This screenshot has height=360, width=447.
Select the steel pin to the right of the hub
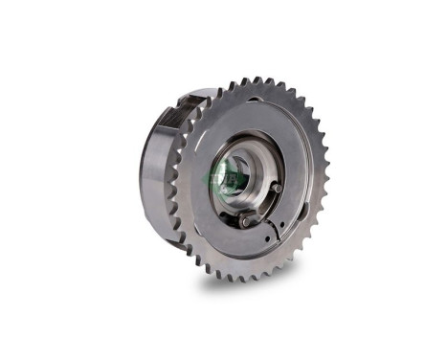pyautogui.click(x=276, y=188)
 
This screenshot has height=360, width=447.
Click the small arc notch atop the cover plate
pyautogui.click(x=251, y=100)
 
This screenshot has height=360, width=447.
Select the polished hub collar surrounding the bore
pyautogui.click(x=251, y=163)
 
